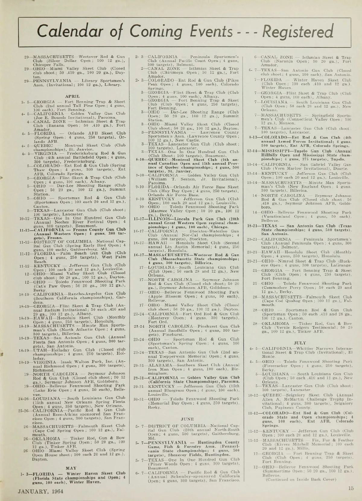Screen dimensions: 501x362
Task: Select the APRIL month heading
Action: tap(75, 96)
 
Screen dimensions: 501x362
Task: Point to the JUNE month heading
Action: tap(187, 419)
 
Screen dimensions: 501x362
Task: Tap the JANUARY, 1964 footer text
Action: tap(41, 491)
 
